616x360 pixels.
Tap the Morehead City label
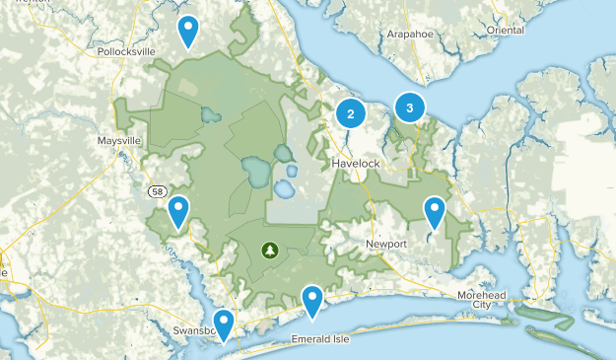click(x=480, y=300)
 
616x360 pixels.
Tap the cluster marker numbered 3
click(x=409, y=107)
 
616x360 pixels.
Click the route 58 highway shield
click(x=158, y=190)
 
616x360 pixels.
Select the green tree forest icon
click(x=268, y=250)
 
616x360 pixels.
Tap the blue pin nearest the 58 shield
click(x=178, y=211)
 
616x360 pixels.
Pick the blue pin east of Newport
click(x=435, y=211)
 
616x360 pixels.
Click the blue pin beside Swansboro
click(x=225, y=323)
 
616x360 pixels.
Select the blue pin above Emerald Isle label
click(x=312, y=299)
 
